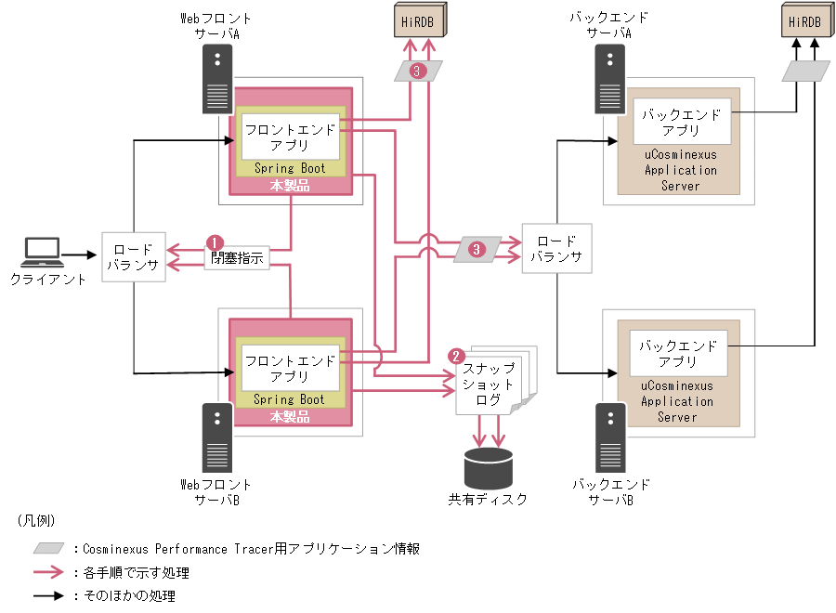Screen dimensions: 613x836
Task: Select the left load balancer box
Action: point(133,257)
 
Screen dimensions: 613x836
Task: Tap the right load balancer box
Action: point(555,249)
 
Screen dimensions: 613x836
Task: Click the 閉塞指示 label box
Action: point(237,258)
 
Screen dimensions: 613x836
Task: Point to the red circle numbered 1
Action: point(213,241)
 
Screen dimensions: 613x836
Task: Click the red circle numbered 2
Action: point(455,356)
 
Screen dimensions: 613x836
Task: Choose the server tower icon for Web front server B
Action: point(217,438)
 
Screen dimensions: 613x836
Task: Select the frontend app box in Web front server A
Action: point(290,137)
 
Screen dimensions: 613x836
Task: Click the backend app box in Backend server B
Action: point(677,353)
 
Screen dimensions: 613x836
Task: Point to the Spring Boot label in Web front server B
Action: point(290,399)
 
